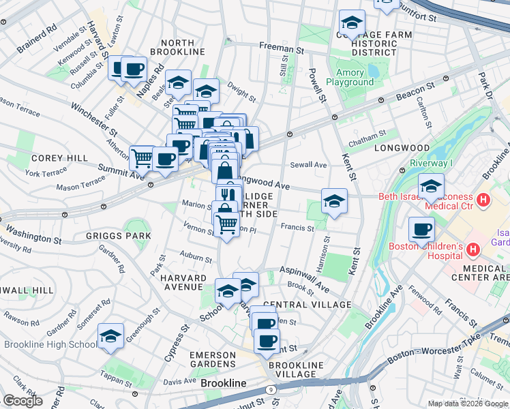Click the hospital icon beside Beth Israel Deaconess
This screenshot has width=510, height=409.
pyautogui.click(x=483, y=200)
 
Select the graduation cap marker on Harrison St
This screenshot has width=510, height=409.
pyautogui.click(x=334, y=201)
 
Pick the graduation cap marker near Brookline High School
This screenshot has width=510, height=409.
pyautogui.click(x=110, y=336)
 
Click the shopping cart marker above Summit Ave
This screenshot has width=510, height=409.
pyautogui.click(x=142, y=159)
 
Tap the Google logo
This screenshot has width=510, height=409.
pyautogui.click(x=22, y=401)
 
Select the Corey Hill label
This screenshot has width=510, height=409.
pyautogui.click(x=59, y=158)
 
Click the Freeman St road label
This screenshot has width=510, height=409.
pyautogui.click(x=281, y=49)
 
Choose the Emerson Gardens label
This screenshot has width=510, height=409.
pyautogui.click(x=213, y=359)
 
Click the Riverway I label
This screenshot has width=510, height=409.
pyautogui.click(x=431, y=163)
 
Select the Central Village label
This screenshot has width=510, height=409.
pyautogui.click(x=307, y=305)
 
